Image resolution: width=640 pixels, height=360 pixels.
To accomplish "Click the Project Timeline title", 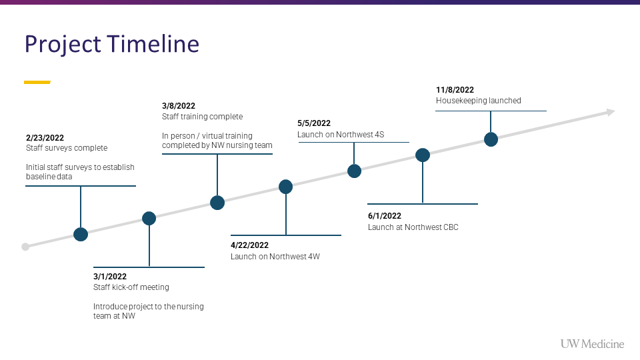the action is (112, 44).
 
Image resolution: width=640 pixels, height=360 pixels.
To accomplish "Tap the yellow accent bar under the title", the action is (37, 82).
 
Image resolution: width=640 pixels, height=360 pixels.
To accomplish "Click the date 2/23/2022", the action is (45, 138).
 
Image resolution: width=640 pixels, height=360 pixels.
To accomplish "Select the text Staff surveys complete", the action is (67, 148).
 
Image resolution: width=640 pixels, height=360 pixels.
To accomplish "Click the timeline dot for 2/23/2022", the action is (81, 234).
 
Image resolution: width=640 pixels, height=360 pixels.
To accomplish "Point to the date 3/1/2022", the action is (110, 276).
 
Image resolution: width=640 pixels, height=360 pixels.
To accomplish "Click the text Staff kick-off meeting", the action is (131, 287).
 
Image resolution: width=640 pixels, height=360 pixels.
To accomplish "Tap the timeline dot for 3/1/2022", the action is (149, 219).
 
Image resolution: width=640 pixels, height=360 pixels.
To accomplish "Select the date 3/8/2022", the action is (179, 106).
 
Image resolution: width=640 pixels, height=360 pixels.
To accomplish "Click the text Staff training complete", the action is (202, 117).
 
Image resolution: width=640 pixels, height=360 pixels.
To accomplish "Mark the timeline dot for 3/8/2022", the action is (217, 203).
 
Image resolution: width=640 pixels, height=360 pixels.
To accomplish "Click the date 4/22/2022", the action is (249, 245).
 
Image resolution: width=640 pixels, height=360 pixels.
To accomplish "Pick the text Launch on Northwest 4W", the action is (275, 256).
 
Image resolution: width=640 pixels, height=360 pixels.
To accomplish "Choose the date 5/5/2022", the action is (314, 123).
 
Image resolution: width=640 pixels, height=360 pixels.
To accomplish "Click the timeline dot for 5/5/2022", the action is (354, 171).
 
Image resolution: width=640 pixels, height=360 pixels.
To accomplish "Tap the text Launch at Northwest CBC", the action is (413, 227).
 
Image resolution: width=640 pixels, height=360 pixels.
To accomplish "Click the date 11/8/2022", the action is (455, 90).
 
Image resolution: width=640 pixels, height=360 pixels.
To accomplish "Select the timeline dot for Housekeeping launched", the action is (491, 139).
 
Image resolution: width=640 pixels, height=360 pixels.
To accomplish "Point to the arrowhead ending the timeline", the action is (611, 112).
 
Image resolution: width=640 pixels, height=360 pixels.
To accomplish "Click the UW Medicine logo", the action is (592, 344).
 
